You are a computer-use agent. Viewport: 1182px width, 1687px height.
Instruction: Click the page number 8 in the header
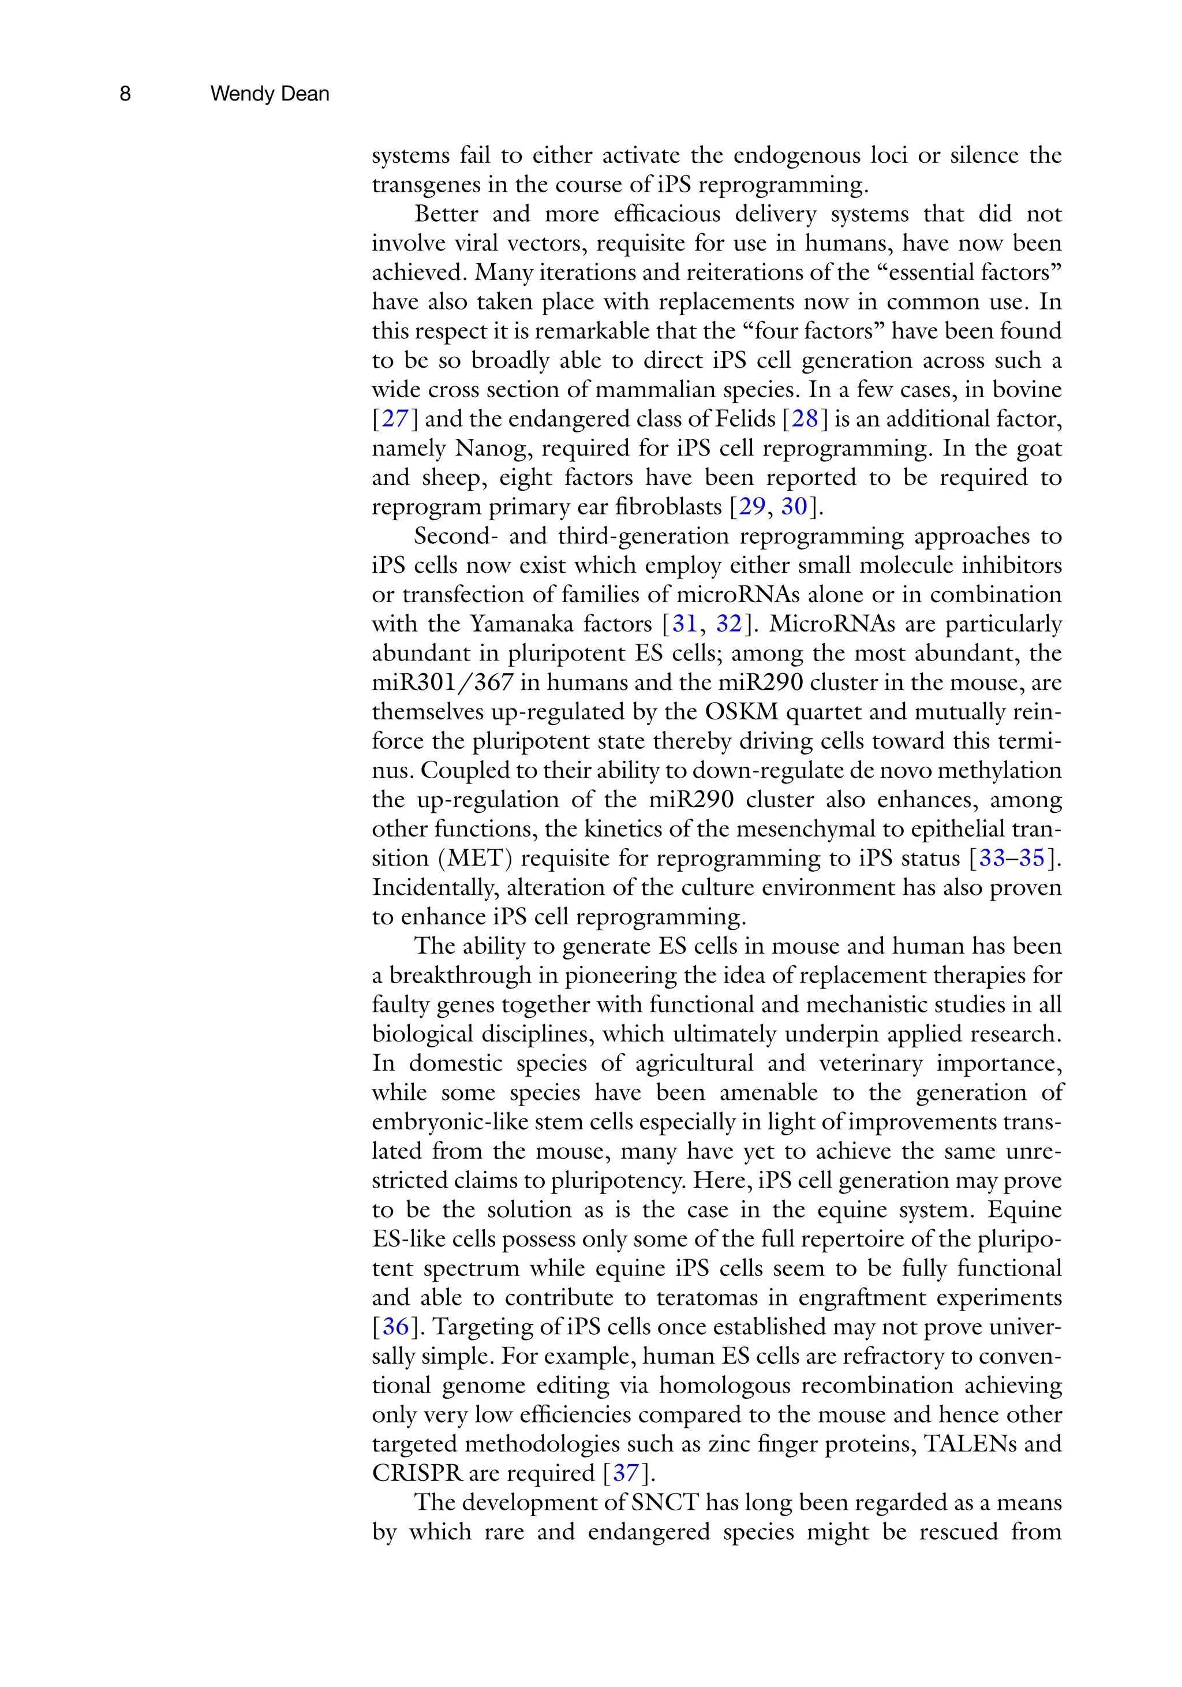pyautogui.click(x=125, y=94)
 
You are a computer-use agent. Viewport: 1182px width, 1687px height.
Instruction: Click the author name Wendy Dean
pyautogui.click(x=269, y=94)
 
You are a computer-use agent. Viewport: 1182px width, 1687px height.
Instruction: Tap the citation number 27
pyautogui.click(x=395, y=419)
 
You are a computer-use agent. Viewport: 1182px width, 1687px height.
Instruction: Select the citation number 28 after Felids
pyautogui.click(x=805, y=419)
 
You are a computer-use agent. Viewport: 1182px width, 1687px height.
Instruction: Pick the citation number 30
pyautogui.click(x=794, y=506)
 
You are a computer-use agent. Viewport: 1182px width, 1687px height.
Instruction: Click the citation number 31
pyautogui.click(x=684, y=624)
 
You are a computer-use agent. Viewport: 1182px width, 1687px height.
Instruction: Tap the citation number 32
pyautogui.click(x=729, y=624)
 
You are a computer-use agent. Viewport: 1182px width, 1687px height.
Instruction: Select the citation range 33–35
pyautogui.click(x=1012, y=858)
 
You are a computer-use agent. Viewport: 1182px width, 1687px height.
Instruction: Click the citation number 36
pyautogui.click(x=395, y=1327)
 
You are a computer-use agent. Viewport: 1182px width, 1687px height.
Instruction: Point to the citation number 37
pyautogui.click(x=626, y=1473)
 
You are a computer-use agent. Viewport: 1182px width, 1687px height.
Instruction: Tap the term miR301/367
pyautogui.click(x=442, y=682)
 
